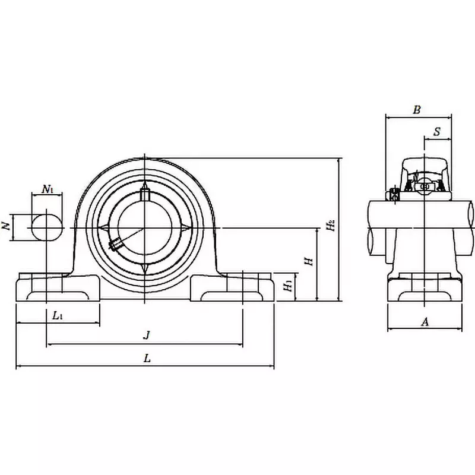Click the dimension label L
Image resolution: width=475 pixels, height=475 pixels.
click(147, 358)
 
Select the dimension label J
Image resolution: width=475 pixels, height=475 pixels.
click(147, 335)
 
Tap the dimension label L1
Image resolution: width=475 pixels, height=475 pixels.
click(58, 316)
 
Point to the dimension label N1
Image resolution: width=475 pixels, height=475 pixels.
click(48, 190)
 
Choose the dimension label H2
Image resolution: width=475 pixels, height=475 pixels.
click(330, 226)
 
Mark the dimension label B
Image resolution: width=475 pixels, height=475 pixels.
click(417, 109)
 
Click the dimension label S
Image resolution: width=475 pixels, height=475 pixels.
click(436, 131)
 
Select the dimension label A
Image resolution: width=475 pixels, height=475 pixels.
click(424, 322)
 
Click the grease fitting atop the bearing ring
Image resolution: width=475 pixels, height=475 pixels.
click(145, 194)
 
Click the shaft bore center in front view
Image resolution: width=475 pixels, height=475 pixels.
click(145, 228)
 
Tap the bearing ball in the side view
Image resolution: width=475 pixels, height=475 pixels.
click(425, 186)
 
